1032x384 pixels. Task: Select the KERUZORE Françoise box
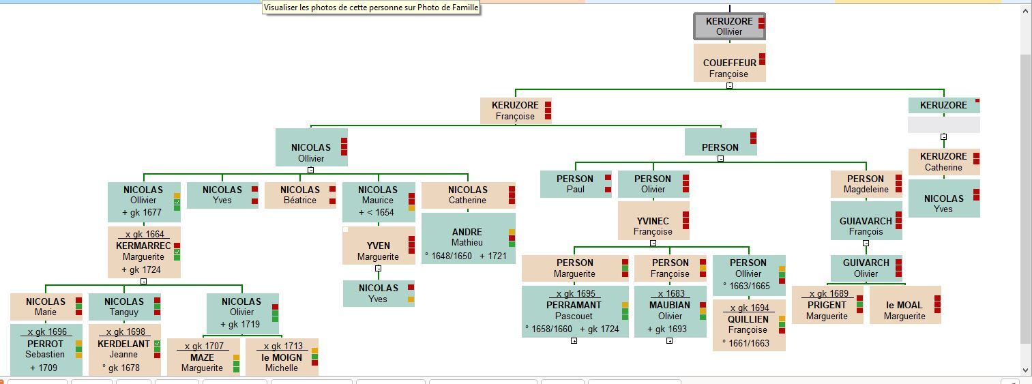pyautogui.click(x=515, y=110)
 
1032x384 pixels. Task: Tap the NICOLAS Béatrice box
pyautogui.click(x=299, y=195)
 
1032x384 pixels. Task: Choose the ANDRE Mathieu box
pyautogui.click(x=467, y=237)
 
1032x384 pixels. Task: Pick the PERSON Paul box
pyautogui.click(x=575, y=184)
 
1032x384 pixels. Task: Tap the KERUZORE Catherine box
pyautogui.click(x=943, y=162)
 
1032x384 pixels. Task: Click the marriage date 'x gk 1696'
pyautogui.click(x=47, y=332)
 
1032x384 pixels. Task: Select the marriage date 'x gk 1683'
pyautogui.click(x=671, y=293)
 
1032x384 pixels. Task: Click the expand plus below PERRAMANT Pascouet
pyautogui.click(x=574, y=340)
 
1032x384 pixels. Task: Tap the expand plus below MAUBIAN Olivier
pyautogui.click(x=669, y=340)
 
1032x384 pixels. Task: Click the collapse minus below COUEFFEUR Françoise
pyautogui.click(x=729, y=86)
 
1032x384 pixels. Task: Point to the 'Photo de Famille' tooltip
pyautogui.click(x=371, y=8)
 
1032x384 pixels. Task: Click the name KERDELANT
pyautogui.click(x=123, y=344)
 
